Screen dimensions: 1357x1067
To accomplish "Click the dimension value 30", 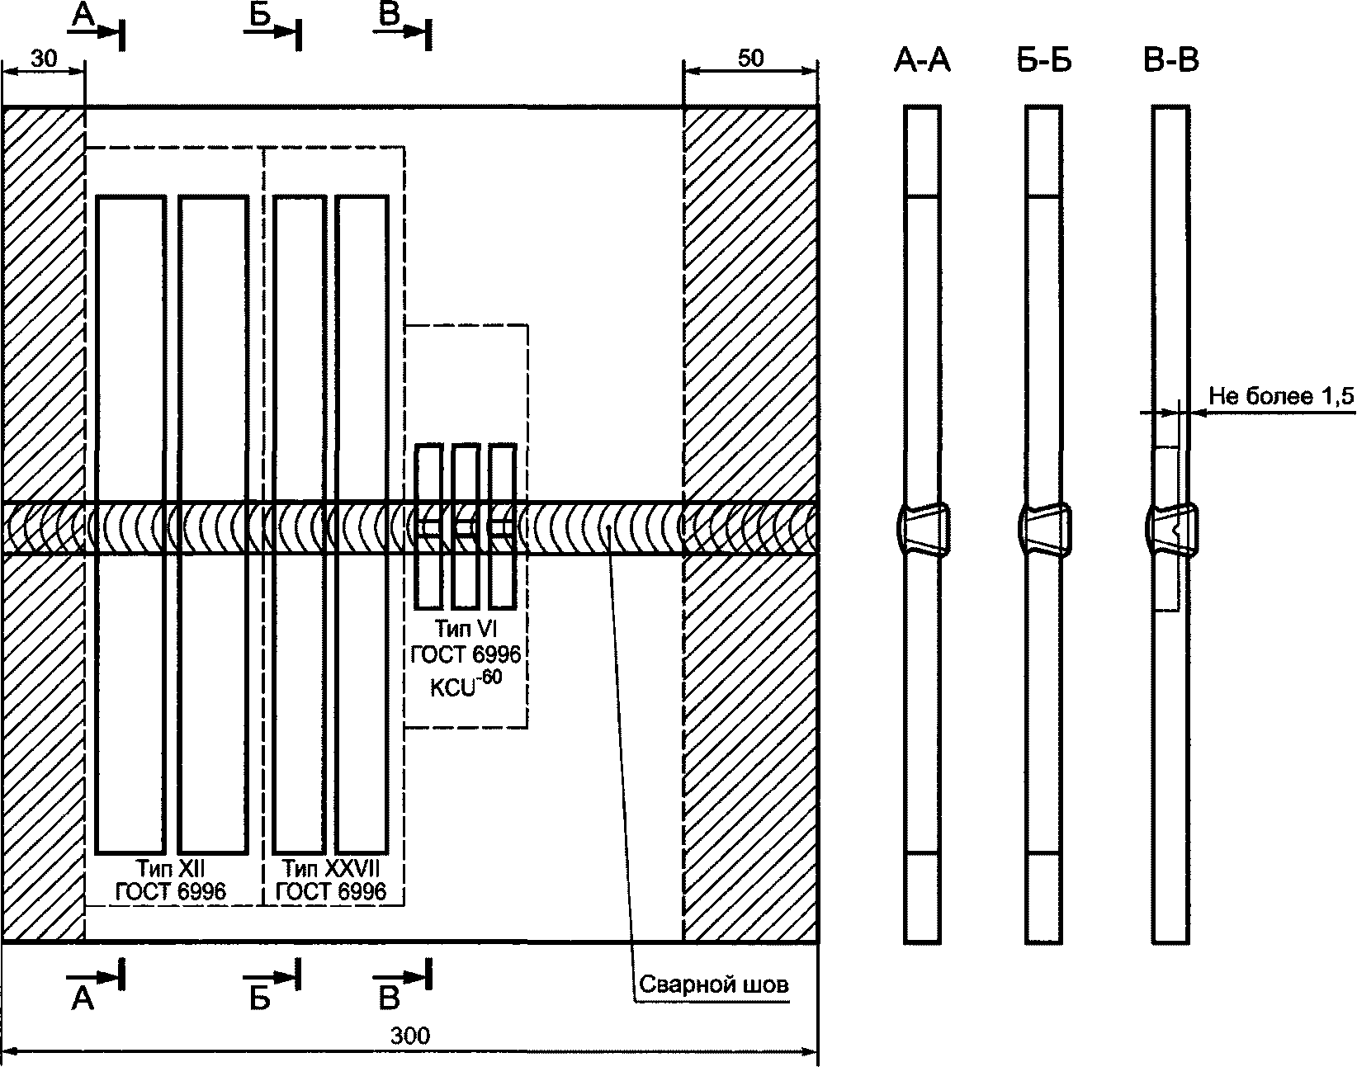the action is (44, 59).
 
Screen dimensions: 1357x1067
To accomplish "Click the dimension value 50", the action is (750, 59).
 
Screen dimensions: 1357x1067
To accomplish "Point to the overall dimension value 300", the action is (410, 1036).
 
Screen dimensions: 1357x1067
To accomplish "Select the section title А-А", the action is (922, 61).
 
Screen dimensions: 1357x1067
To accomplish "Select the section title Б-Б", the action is (1044, 61).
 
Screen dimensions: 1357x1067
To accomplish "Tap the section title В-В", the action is (1171, 61).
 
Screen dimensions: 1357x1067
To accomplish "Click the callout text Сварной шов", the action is (714, 984).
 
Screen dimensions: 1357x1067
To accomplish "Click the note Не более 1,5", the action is (1281, 396).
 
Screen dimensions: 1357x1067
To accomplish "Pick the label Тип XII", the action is (171, 868).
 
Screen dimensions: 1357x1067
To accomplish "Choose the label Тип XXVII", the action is (331, 868).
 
